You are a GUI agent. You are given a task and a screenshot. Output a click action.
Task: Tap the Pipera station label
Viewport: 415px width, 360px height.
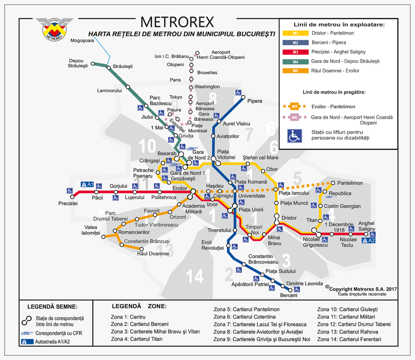pos(254,101)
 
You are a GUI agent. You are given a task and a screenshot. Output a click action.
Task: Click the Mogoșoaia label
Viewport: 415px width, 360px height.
pos(82,41)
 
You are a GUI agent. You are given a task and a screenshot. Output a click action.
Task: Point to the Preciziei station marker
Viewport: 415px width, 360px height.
pos(70,196)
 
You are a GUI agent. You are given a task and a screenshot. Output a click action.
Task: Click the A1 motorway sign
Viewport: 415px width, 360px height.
pos(87,184)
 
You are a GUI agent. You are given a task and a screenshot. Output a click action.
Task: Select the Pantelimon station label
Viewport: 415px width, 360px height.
pos(350,183)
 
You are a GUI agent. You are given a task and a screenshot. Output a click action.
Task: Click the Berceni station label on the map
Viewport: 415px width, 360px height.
pos(289,295)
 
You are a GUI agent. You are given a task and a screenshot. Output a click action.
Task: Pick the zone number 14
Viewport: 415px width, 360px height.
pos(195,277)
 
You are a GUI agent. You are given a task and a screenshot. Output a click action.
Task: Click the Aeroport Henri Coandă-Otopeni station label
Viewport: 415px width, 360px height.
pos(228,55)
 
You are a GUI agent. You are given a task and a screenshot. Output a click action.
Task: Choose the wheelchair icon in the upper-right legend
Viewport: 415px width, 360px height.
pos(295,136)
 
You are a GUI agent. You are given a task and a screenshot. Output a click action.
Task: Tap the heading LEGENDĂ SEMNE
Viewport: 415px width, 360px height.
pos(52,306)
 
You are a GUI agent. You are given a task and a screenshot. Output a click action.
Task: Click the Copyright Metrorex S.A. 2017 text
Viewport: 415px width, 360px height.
pos(360,288)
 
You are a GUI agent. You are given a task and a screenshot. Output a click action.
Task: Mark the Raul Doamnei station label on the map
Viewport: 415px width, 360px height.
pos(153,253)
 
